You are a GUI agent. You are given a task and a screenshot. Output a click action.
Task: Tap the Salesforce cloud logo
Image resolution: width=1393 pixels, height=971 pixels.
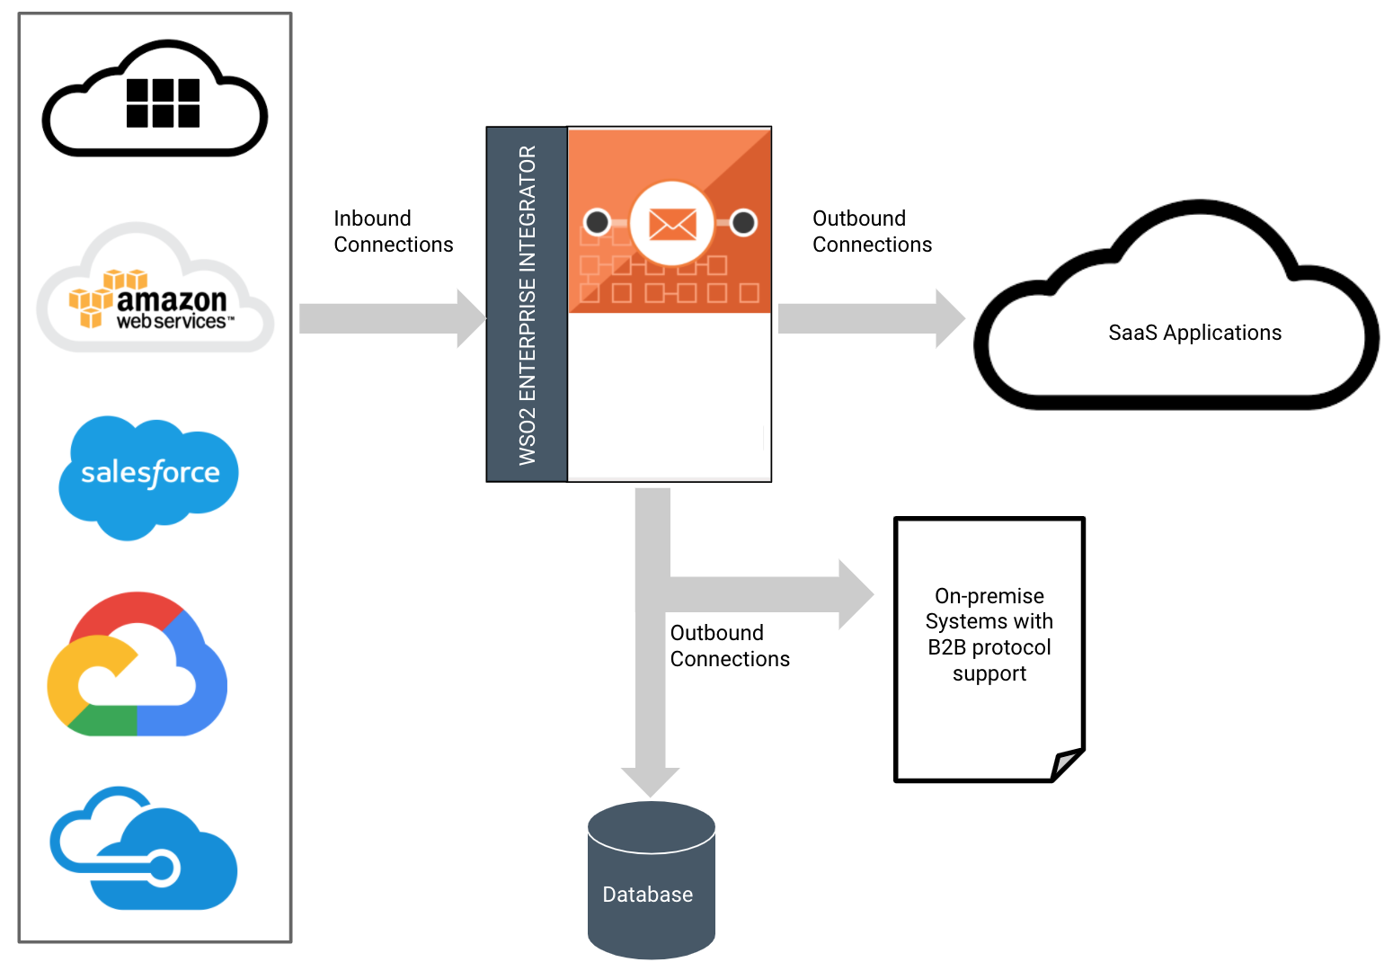[149, 475]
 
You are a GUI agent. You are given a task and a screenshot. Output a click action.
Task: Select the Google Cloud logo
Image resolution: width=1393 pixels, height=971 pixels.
[138, 666]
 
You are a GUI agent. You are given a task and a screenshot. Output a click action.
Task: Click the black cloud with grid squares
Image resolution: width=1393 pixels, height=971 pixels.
[155, 100]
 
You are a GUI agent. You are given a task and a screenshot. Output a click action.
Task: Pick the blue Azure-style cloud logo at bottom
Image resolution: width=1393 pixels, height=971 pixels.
[144, 850]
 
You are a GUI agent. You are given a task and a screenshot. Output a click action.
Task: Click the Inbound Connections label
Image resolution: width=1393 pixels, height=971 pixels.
[393, 232]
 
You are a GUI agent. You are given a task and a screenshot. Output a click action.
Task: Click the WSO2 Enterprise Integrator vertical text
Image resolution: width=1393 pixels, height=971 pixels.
[528, 305]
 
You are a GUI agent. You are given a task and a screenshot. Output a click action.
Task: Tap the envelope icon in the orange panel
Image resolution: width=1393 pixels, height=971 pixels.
[672, 223]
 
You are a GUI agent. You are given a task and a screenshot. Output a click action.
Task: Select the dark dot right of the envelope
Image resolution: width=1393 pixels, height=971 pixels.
[743, 222]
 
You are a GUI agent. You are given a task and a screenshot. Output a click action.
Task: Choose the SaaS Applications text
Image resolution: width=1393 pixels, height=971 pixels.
[1194, 333]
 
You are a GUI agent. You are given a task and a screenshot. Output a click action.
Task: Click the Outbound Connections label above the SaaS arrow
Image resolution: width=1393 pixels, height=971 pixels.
[872, 232]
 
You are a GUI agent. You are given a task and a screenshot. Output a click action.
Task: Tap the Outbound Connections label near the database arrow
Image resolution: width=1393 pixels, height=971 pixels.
[729, 646]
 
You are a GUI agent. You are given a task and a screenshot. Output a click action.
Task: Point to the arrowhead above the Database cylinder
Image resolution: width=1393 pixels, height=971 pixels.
[651, 780]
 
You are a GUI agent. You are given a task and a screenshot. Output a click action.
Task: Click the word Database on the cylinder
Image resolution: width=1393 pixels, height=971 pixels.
[647, 895]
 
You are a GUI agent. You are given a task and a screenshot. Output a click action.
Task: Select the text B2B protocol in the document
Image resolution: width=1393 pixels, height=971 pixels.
[989, 647]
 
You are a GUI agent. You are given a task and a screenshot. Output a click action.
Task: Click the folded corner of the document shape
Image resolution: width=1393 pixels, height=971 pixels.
[1069, 763]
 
